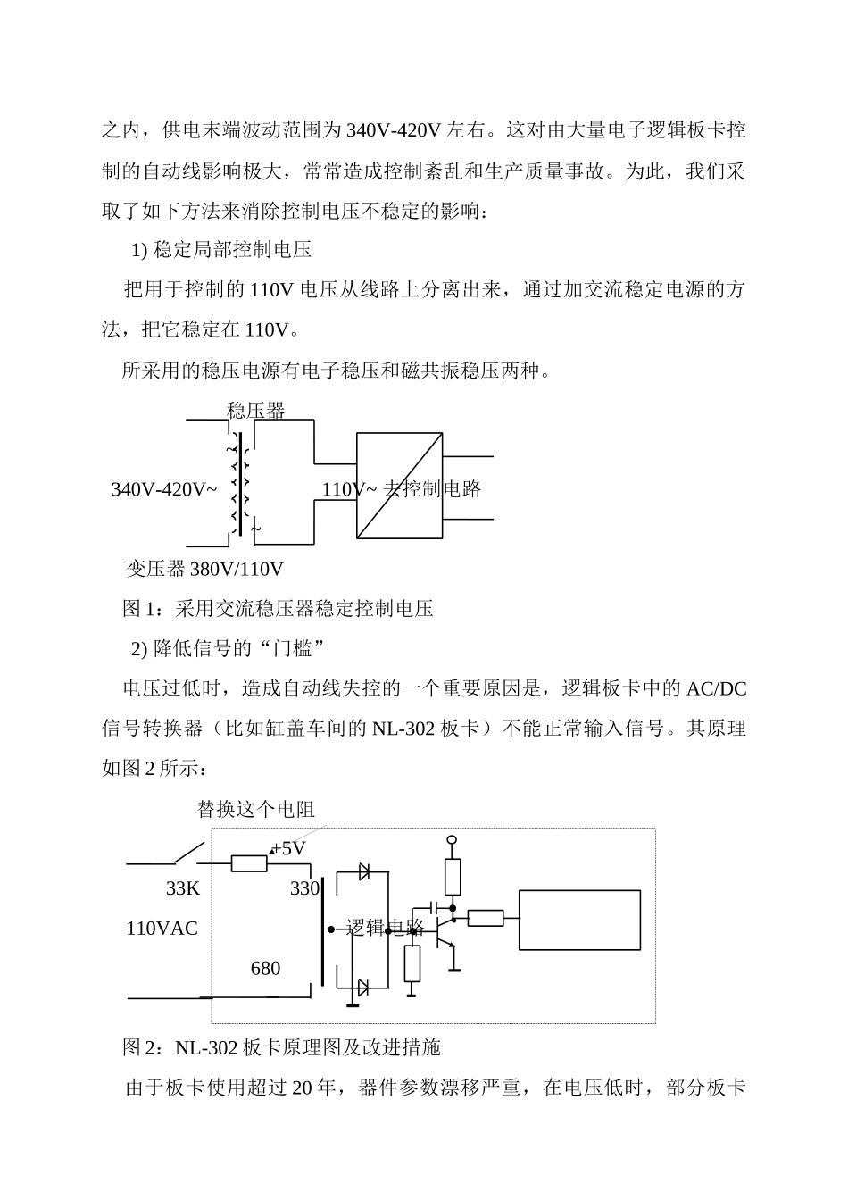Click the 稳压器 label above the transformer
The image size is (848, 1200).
tap(256, 411)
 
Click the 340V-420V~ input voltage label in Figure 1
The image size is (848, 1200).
tap(164, 489)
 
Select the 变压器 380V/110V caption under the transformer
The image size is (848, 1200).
tap(204, 569)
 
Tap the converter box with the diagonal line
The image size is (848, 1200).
tap(399, 485)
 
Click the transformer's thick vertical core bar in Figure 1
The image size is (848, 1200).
tap(241, 485)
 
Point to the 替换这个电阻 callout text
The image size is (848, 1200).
tap(256, 809)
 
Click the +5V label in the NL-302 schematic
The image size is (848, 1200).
tap(288, 848)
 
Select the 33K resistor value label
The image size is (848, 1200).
tap(183, 888)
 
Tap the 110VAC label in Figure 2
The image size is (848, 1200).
tap(162, 928)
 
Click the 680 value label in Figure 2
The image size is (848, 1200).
tap(265, 968)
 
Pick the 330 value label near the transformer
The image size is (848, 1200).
tap(304, 888)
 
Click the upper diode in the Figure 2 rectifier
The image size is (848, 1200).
tap(363, 871)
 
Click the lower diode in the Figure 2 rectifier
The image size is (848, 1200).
tap(363, 987)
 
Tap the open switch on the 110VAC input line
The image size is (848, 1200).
tap(187, 854)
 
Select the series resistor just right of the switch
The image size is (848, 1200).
tap(249, 863)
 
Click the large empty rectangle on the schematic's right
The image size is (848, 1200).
tap(580, 919)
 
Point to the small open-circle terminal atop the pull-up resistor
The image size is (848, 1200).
tap(452, 840)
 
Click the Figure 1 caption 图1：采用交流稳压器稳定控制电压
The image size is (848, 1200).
tap(278, 609)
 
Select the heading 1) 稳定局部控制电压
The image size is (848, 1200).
tap(221, 250)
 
